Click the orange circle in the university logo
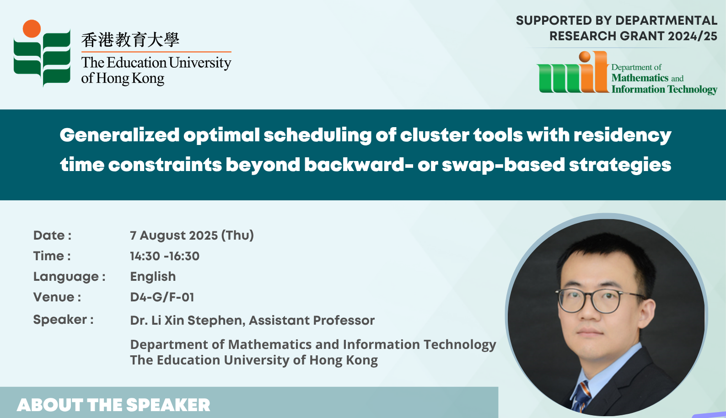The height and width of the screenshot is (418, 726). pos(32,28)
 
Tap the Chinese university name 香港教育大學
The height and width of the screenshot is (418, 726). pos(130,40)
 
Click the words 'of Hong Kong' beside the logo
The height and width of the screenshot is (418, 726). pos(123,79)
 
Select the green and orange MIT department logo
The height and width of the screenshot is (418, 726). pos(572,72)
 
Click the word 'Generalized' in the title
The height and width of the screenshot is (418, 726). pos(119,135)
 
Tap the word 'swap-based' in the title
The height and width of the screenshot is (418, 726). pos(503,165)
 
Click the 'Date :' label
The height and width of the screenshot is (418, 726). pos(52,235)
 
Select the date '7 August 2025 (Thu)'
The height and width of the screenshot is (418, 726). pos(192,235)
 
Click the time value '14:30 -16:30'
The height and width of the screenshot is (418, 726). pos(165,256)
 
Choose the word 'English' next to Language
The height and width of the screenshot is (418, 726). pos(153,277)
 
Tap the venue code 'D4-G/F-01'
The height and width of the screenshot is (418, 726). pos(162,297)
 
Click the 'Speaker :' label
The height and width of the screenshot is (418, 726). pos(64,320)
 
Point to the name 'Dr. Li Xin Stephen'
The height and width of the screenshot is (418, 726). pos(186,321)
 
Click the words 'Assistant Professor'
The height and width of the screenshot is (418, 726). pos(312,321)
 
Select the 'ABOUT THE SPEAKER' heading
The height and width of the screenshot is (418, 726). pos(113,405)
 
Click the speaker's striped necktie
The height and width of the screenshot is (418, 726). pos(581,397)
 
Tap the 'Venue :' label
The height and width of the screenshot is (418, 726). pos(57,297)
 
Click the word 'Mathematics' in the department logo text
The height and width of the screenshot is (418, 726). pos(640,78)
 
